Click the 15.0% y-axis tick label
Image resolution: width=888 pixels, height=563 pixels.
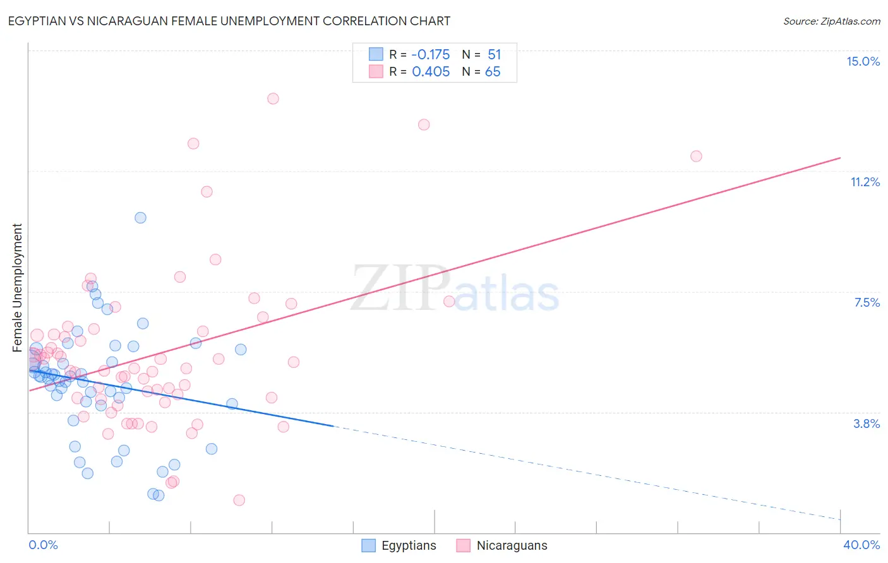[x=863, y=61]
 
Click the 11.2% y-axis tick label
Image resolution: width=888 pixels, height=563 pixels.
[x=865, y=182]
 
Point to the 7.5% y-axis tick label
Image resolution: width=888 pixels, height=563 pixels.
[x=867, y=302]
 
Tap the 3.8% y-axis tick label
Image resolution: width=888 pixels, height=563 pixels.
[x=867, y=424]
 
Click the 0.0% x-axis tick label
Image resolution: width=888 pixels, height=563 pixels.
[x=43, y=545]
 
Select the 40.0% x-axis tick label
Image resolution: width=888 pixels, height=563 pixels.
[x=861, y=545]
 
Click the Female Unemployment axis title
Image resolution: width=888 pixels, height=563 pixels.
[x=17, y=287]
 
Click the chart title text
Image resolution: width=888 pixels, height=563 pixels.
[x=229, y=21]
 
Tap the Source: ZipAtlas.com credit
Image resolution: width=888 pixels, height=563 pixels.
[x=831, y=21]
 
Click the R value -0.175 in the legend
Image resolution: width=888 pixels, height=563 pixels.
[x=431, y=54]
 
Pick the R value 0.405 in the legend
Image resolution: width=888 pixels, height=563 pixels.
[x=431, y=71]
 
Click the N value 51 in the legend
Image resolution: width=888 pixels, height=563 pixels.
[x=494, y=54]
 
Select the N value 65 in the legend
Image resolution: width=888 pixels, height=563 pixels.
[x=493, y=71]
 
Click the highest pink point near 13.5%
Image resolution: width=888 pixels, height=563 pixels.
[x=273, y=98]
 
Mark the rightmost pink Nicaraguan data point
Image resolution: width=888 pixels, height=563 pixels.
[x=696, y=156]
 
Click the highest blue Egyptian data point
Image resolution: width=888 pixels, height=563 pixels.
[x=140, y=218]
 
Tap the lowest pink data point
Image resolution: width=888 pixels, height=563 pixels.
[x=239, y=500]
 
